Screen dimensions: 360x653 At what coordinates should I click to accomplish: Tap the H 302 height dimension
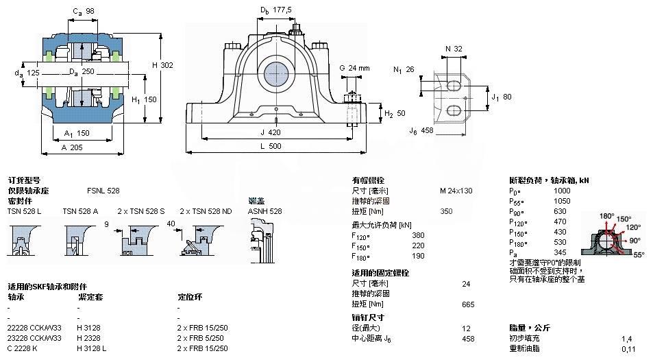coord(162,65)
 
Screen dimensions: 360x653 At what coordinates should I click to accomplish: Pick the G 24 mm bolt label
coord(354,68)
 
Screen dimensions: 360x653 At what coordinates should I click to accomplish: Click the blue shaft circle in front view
coord(276,71)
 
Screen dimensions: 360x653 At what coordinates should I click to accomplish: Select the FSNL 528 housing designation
coord(103,190)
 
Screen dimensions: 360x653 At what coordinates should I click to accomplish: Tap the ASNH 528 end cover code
coord(264,212)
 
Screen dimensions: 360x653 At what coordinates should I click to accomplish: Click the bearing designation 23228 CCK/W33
coord(34,338)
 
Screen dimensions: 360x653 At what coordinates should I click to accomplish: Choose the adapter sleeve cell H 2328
coord(89,338)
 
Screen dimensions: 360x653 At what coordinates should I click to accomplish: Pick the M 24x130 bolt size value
coord(456,190)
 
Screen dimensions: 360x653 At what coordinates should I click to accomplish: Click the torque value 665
coord(468,304)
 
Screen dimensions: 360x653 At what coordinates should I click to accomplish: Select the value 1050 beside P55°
coord(562,201)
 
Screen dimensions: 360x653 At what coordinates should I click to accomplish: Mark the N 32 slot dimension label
coord(453,49)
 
